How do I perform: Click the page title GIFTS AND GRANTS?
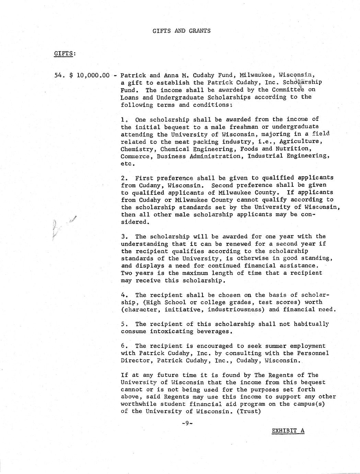pyautogui.click(x=182, y=31)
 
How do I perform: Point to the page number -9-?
pyautogui.click(x=187, y=423)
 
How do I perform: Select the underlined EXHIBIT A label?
pyautogui.click(x=288, y=431)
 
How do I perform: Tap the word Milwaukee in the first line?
pyautogui.click(x=257, y=75)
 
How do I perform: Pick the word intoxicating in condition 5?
pyautogui.click(x=167, y=331)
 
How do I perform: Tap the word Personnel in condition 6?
pyautogui.click(x=311, y=353)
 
